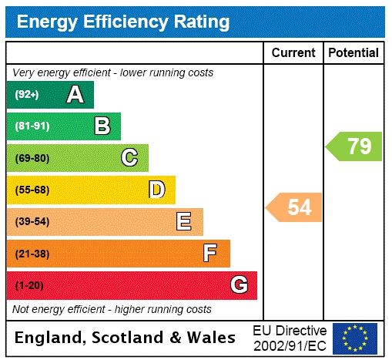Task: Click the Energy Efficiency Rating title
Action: coord(123,22)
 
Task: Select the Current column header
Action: coord(293,52)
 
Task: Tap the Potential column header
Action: coord(353,52)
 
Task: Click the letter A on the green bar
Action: coord(75,95)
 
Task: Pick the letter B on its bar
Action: coord(102,126)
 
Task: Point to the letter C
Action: coord(129,158)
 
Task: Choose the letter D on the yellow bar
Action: coord(156,190)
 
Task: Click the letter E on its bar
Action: coord(184,222)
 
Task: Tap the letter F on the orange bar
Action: coord(210,253)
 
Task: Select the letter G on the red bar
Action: coord(239,285)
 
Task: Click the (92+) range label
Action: coord(27,95)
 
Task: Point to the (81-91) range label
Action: coord(32,126)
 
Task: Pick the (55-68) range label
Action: coord(32,190)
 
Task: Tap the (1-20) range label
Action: coord(29,285)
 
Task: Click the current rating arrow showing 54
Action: coord(294,207)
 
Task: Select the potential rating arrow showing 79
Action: coord(354,146)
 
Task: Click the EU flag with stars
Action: coord(355,338)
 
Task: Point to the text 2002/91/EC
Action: coord(290,345)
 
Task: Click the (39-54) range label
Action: coord(32,222)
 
